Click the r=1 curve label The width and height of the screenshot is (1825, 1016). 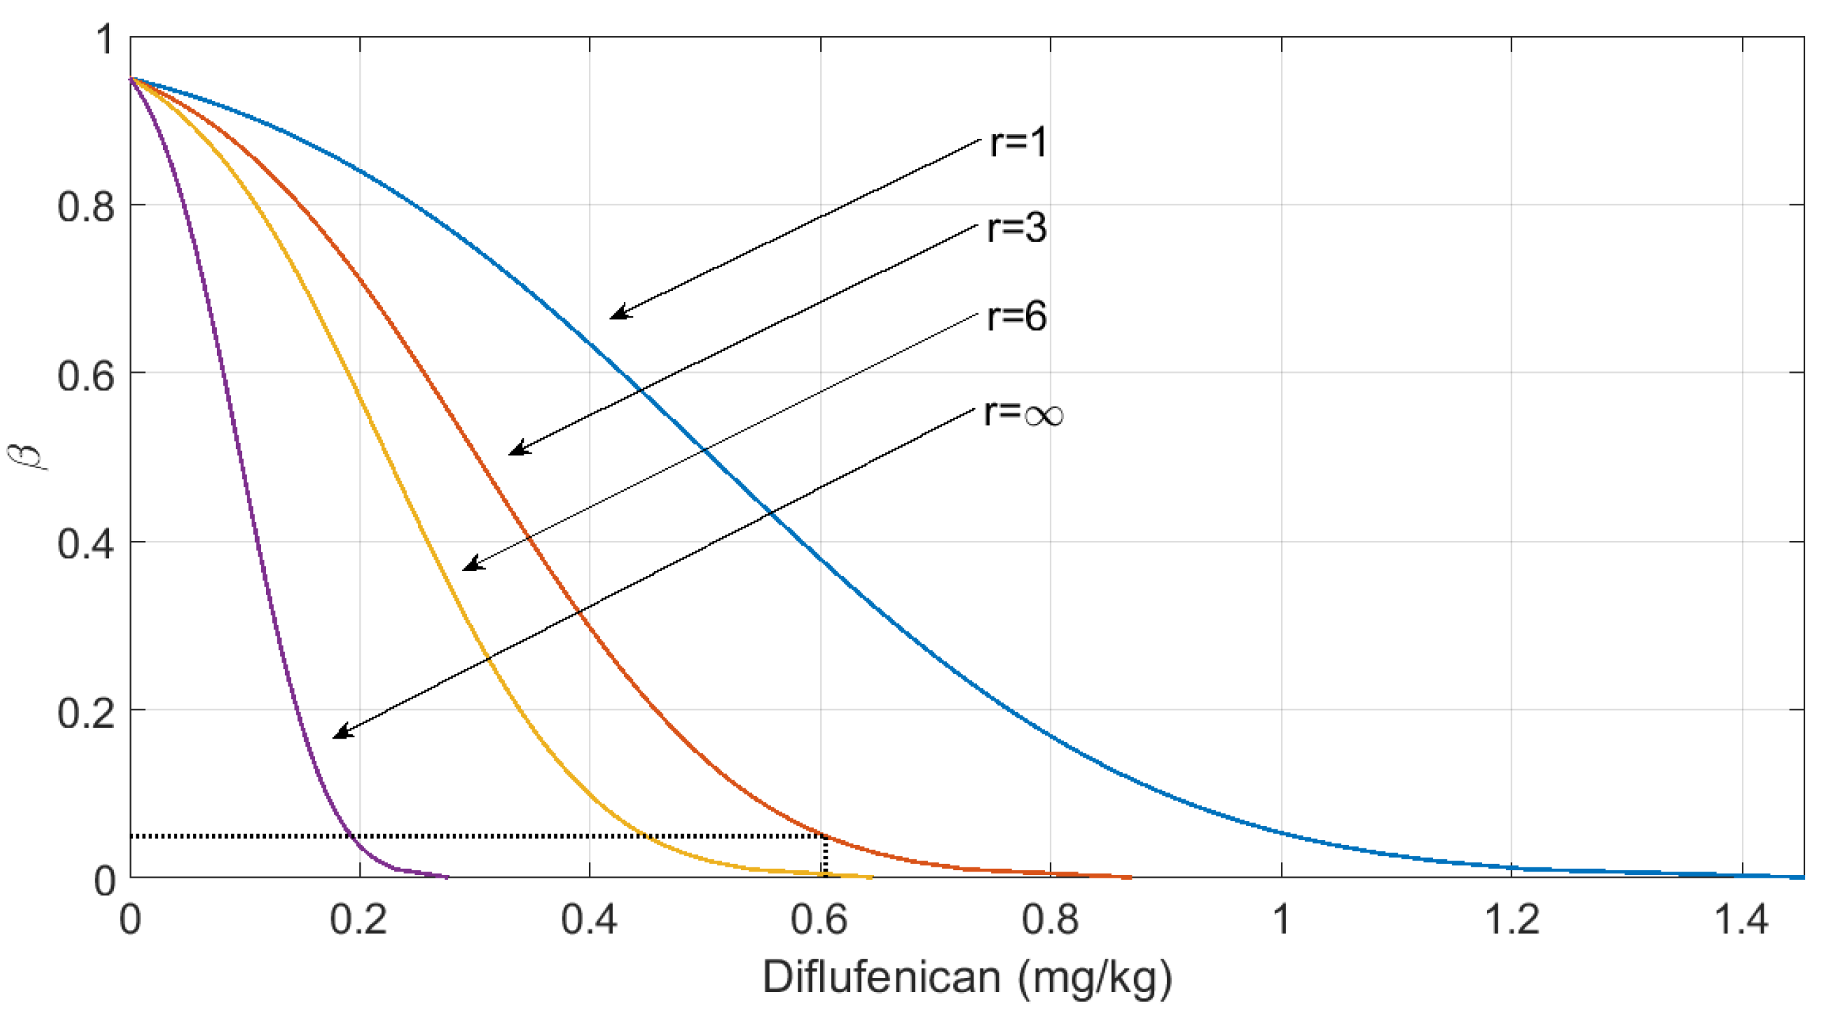click(x=1017, y=142)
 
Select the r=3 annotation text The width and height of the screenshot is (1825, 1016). click(x=1016, y=229)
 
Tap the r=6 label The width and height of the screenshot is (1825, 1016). click(x=1016, y=316)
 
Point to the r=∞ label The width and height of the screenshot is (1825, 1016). click(x=1024, y=414)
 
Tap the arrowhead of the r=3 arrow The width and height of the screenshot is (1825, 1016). click(x=517, y=450)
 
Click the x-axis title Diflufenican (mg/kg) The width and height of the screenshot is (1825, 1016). click(x=967, y=978)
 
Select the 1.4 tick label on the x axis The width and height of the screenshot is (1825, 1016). click(x=1740, y=920)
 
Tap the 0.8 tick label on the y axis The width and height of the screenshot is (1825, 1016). click(x=86, y=206)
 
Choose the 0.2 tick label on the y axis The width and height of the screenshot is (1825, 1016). click(x=86, y=712)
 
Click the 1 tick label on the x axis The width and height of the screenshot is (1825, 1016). click(x=1281, y=920)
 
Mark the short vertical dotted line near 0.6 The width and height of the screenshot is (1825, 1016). click(x=825, y=857)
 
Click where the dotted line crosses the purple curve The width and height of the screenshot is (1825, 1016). click(x=350, y=836)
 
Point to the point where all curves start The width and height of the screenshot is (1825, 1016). click(x=130, y=78)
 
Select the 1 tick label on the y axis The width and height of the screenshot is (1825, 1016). click(x=106, y=39)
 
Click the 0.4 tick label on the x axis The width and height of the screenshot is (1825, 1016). click(x=589, y=920)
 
